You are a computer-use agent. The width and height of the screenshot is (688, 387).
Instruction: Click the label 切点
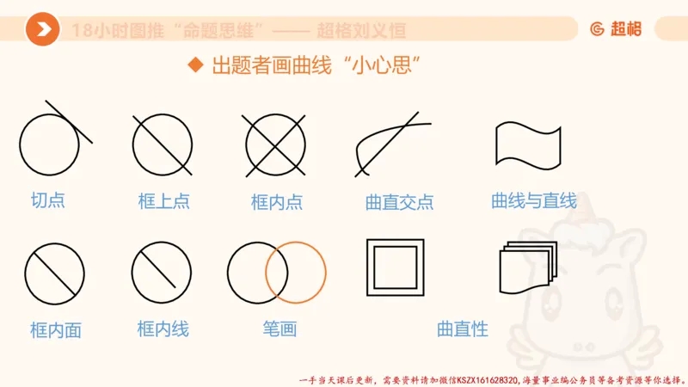[x=48, y=200]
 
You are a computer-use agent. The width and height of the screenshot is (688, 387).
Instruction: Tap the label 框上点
[x=163, y=201]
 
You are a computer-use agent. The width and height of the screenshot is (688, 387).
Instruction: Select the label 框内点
[x=277, y=202]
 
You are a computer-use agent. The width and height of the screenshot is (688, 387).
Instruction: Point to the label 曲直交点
[x=399, y=202]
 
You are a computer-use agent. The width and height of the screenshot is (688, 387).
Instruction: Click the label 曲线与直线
[x=533, y=200]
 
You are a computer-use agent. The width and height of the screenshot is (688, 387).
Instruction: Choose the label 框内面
[x=55, y=330]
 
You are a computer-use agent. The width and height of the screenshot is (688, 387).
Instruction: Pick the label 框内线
[x=163, y=329]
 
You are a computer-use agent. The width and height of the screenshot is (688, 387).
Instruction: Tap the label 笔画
[x=279, y=329]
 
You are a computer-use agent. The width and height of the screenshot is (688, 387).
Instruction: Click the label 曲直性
[x=463, y=329]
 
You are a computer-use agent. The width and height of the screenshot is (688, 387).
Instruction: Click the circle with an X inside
[x=275, y=143]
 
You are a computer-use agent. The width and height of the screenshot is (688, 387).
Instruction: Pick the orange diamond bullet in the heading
[x=195, y=65]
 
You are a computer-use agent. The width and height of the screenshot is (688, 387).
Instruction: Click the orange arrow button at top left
[x=42, y=30]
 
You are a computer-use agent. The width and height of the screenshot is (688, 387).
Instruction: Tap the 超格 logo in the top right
[x=616, y=28]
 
